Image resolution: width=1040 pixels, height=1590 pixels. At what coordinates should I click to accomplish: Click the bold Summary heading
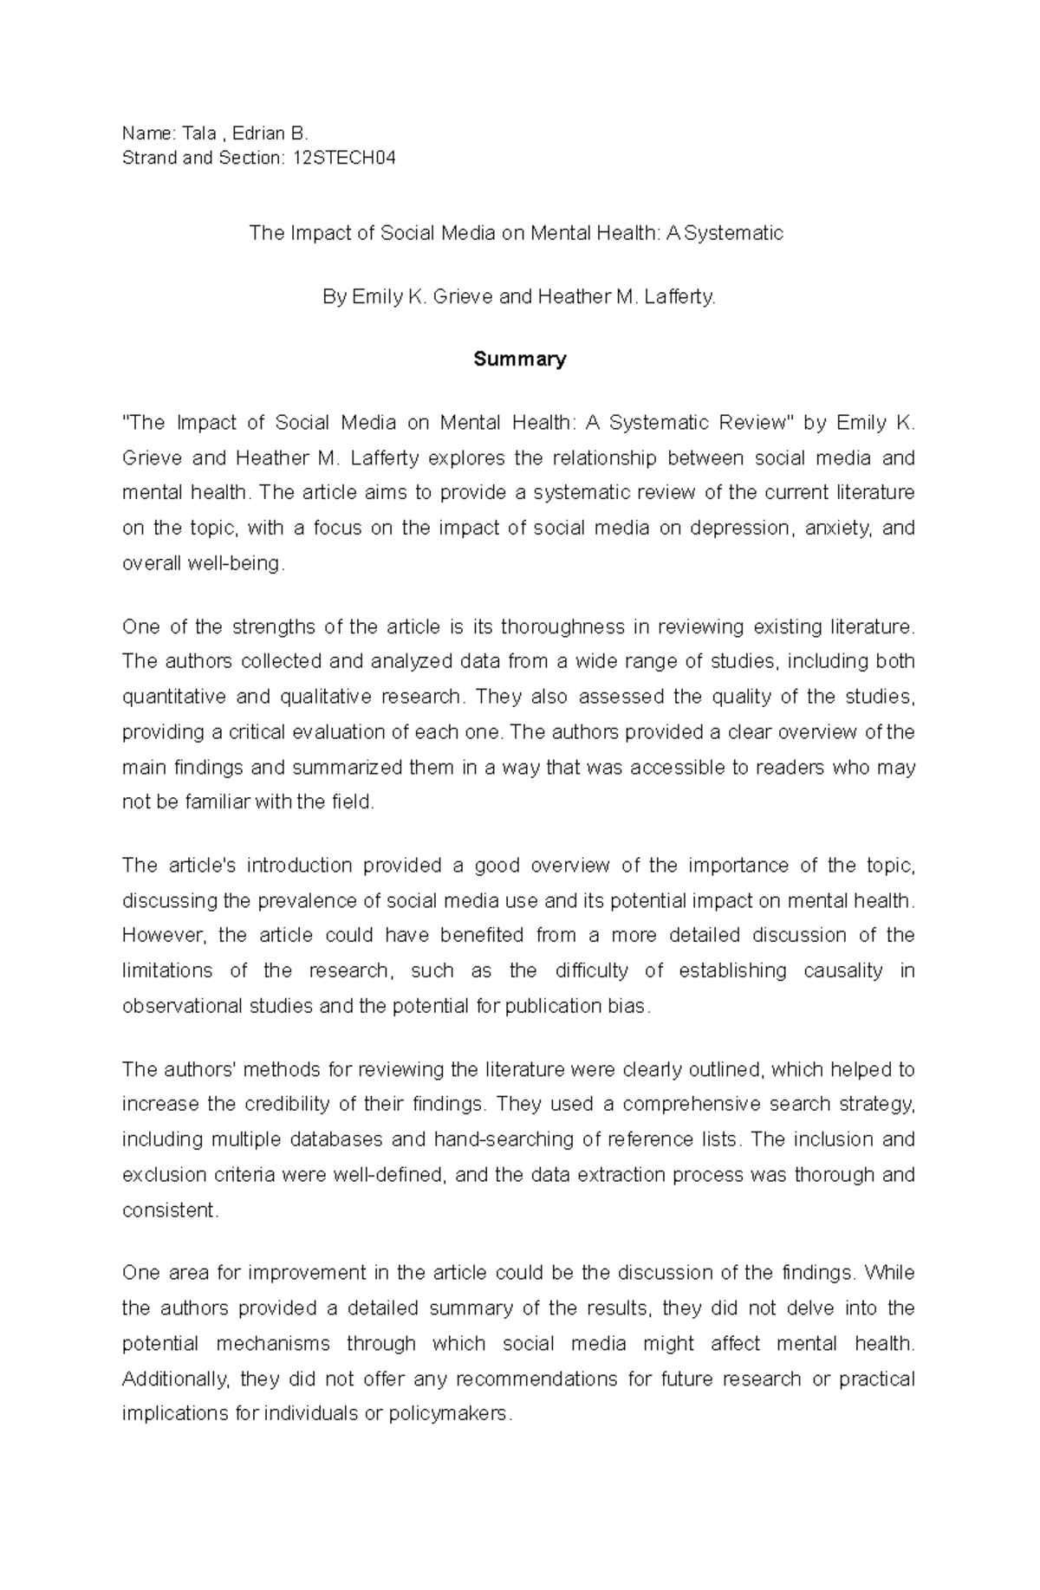click(519, 360)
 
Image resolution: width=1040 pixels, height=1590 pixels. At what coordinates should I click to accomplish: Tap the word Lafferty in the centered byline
click(679, 297)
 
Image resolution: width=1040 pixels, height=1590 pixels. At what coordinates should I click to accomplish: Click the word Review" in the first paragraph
click(746, 423)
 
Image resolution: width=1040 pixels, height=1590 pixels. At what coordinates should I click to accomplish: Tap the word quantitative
click(174, 698)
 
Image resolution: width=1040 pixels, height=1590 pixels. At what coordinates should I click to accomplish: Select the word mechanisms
click(273, 1344)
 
